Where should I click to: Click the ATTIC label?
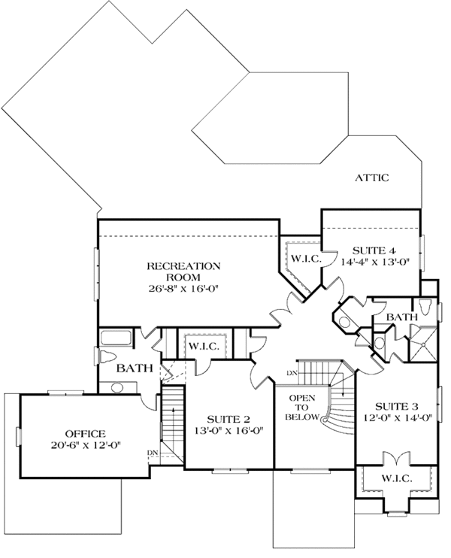point(373,178)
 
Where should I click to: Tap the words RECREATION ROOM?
point(183,271)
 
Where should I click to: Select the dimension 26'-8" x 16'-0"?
point(183,288)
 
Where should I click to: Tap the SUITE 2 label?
point(229,419)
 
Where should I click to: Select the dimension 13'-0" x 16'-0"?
point(229,431)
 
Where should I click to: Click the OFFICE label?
point(85,434)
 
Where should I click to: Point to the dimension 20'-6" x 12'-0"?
point(85,446)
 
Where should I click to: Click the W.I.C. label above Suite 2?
point(203,347)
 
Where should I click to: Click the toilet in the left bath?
point(107,356)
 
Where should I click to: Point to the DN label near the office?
point(153,452)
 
